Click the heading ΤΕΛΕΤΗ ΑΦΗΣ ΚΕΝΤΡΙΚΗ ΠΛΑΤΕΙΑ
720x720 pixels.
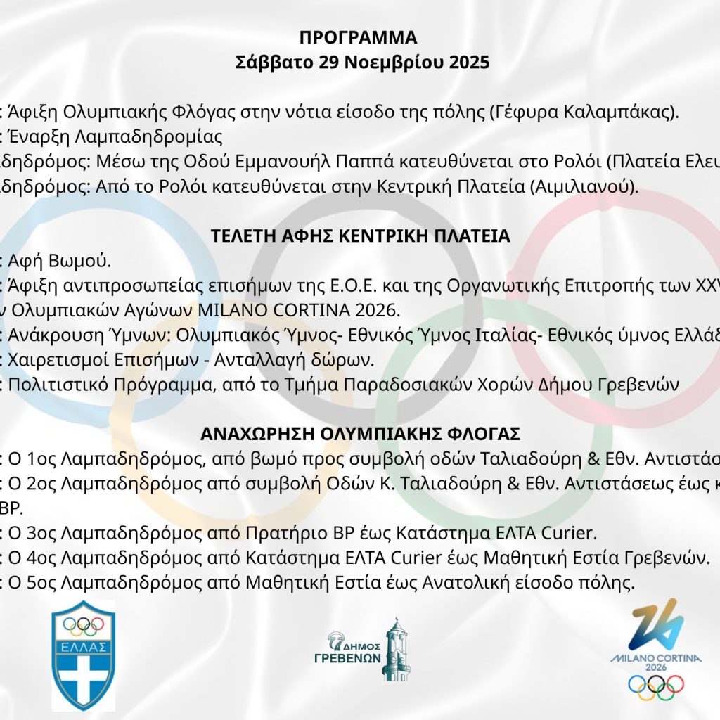click(360, 236)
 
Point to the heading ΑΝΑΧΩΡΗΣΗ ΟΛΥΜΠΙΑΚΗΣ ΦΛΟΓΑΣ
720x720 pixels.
click(360, 431)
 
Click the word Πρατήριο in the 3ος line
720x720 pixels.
click(271, 532)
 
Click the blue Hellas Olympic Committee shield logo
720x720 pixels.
click(84, 655)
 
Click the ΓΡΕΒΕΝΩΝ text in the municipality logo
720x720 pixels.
click(347, 659)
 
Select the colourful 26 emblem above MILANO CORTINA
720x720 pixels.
click(656, 624)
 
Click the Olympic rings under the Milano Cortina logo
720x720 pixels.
click(655, 686)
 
